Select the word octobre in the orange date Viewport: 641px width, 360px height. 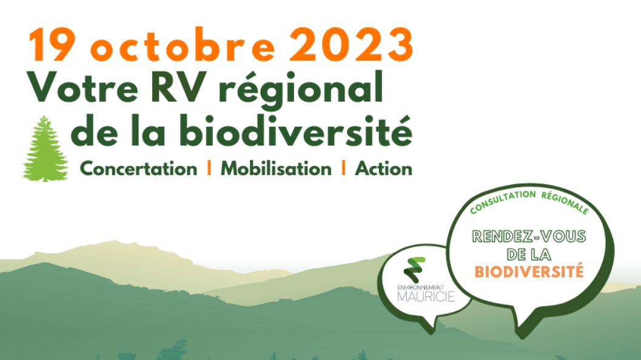[183, 45]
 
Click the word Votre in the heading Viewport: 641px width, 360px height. [82, 88]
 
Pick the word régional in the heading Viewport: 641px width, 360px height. [301, 90]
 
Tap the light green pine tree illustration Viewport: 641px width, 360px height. [45, 148]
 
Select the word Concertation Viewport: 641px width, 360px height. [138, 168]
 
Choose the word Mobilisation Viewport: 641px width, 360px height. [276, 168]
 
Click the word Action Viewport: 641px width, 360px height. [383, 168]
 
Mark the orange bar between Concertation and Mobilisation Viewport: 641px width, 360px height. [209, 167]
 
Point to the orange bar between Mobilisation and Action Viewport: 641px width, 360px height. [343, 167]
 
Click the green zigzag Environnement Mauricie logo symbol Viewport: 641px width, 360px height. [414, 270]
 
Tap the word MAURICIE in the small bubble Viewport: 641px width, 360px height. [426, 296]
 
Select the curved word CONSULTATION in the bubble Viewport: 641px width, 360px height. [502, 201]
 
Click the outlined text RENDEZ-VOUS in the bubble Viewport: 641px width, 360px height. [529, 236]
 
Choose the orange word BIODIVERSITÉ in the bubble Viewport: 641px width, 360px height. [529, 272]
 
